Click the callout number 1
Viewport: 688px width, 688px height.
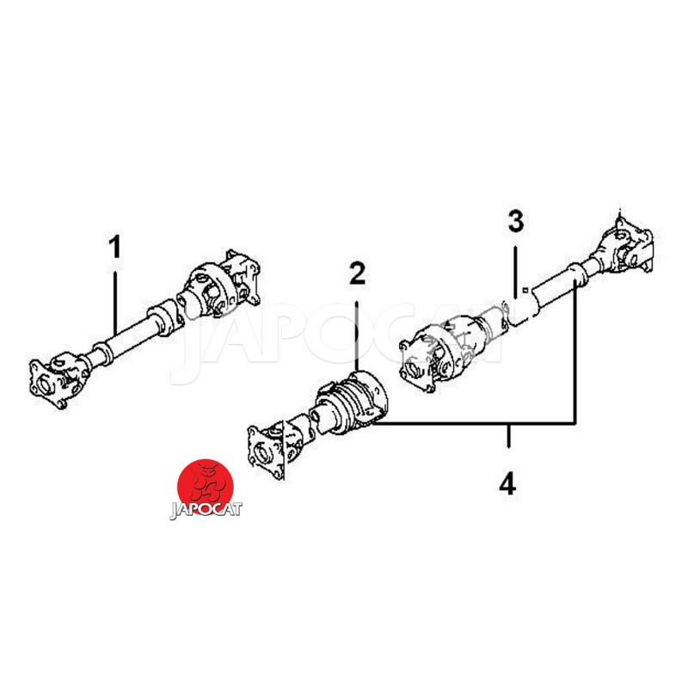tap(115, 247)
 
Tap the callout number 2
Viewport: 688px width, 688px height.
tap(357, 273)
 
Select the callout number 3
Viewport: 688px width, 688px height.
tap(517, 221)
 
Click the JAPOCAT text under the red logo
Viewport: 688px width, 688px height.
tap(206, 510)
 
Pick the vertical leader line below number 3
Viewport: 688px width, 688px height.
tap(515, 272)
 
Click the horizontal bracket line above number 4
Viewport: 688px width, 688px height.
tap(474, 423)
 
